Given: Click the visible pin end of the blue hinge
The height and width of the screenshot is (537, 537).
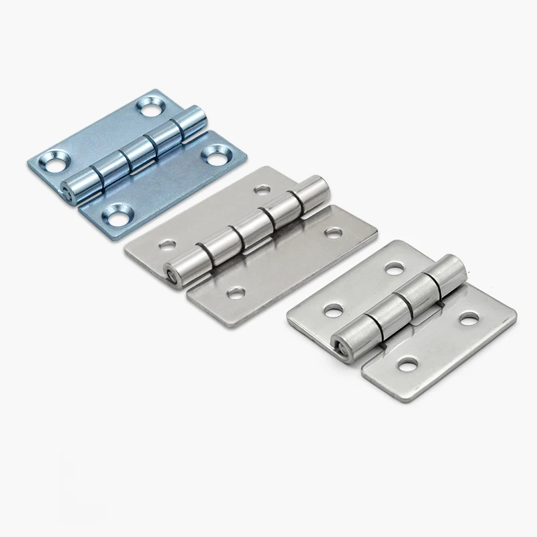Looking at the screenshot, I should click(x=67, y=189).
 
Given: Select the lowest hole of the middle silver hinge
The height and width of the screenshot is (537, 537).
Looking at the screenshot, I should click(x=235, y=293).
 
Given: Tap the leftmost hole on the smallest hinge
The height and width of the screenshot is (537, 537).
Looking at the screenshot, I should click(x=331, y=309).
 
